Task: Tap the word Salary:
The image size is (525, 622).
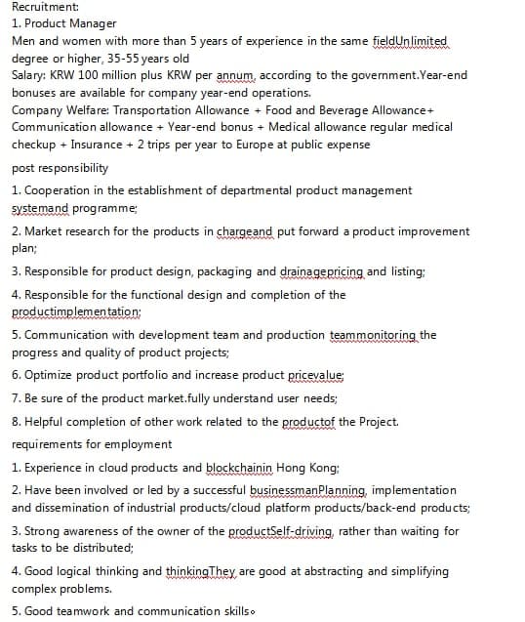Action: point(28,75)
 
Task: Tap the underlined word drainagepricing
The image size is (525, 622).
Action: point(323,270)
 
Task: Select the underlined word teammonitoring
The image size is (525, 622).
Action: point(373,335)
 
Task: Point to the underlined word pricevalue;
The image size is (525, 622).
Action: point(315,375)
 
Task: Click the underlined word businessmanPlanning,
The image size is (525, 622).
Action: point(308,490)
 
